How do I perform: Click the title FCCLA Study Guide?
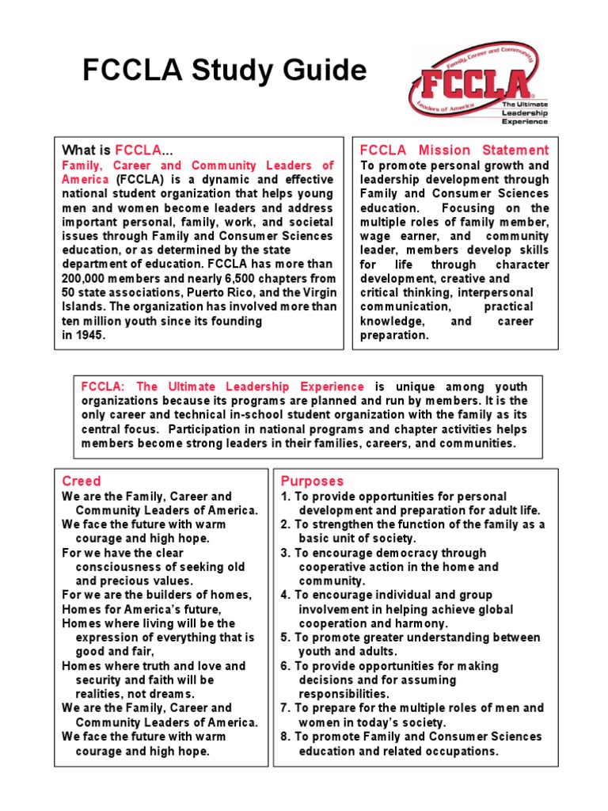click(x=225, y=72)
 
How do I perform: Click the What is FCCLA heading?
click(x=117, y=150)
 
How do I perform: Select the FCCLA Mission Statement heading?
click(x=454, y=150)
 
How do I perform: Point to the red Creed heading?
click(x=82, y=481)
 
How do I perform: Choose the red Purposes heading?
click(x=312, y=481)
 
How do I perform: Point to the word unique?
click(x=401, y=386)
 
